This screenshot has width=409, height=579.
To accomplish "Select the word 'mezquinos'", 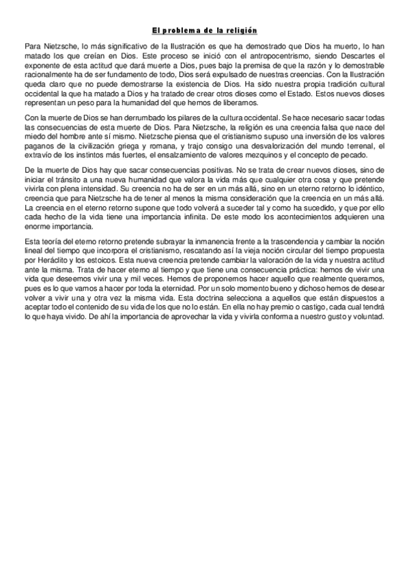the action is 233,155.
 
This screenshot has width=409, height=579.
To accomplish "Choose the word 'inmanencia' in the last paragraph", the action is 202,242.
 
